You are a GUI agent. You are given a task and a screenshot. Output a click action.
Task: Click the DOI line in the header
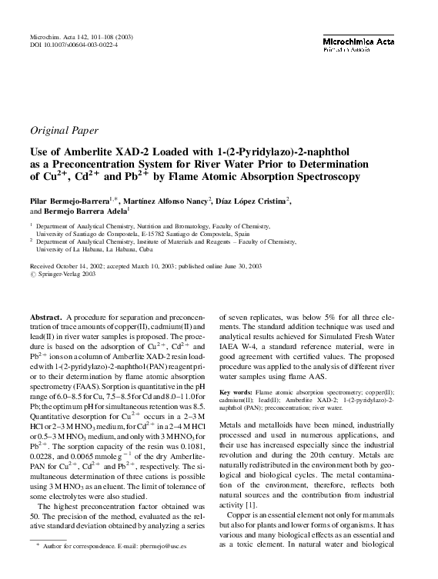(76, 45)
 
